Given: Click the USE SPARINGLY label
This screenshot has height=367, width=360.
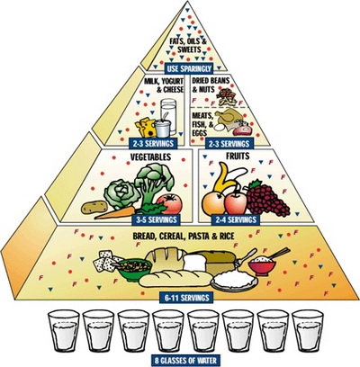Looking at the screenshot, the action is (189, 68).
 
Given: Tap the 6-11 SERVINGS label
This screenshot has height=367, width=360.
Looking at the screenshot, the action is (186, 298).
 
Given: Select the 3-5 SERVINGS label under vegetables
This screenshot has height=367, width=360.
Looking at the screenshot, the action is (157, 219).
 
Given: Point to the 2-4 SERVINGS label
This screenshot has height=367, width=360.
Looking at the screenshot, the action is (236, 219).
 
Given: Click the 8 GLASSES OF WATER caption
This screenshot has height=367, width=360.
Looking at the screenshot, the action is (185, 360).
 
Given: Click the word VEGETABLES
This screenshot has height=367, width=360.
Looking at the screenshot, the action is (150, 157).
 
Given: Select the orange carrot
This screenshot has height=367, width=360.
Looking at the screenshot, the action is (115, 212).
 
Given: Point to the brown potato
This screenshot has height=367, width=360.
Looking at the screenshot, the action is (94, 207).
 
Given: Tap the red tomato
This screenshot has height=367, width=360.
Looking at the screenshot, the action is (169, 203).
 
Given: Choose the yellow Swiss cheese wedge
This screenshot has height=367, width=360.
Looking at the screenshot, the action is (146, 127).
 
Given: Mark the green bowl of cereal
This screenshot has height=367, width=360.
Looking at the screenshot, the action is (134, 269).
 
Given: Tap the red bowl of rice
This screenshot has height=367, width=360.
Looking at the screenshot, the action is (262, 265).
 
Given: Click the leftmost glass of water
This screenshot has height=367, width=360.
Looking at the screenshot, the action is (64, 331).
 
